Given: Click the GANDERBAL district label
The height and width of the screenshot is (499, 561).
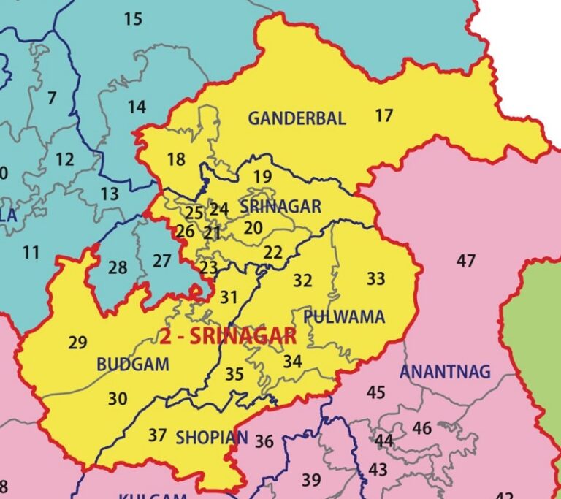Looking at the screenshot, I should tap(297, 118).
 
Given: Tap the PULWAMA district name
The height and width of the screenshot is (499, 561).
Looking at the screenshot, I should tap(344, 317).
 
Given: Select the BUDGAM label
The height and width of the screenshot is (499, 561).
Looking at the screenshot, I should tap(133, 364).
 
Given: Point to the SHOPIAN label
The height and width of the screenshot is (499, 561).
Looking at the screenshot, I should tap(212, 438).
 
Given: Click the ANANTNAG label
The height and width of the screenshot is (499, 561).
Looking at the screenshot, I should tap(445, 371).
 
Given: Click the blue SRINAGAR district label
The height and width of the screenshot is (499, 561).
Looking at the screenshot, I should tap(280, 207).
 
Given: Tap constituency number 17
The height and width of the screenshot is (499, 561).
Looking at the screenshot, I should tap(383, 115).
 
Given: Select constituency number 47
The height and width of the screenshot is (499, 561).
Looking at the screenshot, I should tap(465, 260).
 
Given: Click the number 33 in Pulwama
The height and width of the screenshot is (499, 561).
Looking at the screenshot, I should tap(375, 278).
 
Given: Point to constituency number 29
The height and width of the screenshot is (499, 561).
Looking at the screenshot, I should tap(77, 342).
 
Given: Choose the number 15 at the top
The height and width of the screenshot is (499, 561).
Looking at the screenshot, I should tap(133, 19).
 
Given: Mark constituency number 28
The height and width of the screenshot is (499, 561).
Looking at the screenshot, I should tap(118, 267).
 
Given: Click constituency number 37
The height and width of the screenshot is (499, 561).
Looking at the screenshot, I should tap(157, 435).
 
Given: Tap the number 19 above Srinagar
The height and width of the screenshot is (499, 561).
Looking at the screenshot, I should tap(262, 177).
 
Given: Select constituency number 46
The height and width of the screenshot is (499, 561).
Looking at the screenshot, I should tap(421, 428).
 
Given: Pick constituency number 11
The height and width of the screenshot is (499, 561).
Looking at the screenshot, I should tap(31, 253).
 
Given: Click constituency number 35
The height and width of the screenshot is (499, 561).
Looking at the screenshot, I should tap(234, 374).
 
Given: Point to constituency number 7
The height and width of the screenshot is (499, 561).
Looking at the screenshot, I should tap(51, 98).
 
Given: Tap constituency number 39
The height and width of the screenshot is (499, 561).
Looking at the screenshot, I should tap(311, 480).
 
